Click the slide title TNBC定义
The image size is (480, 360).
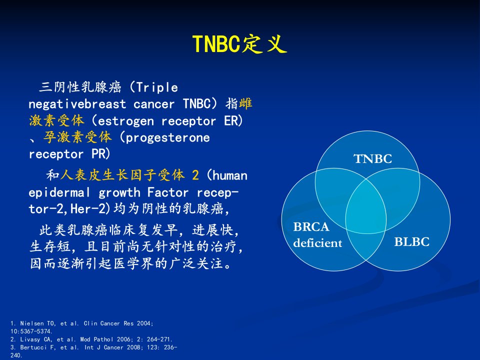click(x=239, y=44)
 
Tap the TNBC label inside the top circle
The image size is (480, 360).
click(x=372, y=159)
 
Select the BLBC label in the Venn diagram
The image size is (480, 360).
click(x=411, y=242)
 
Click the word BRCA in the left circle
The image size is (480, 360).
click(x=311, y=227)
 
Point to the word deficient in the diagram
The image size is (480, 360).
click(x=317, y=243)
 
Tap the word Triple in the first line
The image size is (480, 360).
click(x=157, y=87)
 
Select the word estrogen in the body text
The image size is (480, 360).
click(x=126, y=121)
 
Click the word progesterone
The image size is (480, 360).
click(x=168, y=138)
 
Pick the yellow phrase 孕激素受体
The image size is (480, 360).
click(x=77, y=137)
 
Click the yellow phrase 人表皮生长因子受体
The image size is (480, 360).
click(x=122, y=175)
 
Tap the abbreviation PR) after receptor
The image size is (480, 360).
click(x=100, y=154)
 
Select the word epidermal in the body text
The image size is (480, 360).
click(x=59, y=193)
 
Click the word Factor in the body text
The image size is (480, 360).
click(x=168, y=192)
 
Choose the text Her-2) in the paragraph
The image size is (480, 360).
click(x=90, y=209)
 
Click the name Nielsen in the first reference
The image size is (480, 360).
click(x=30, y=323)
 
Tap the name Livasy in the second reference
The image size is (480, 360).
click(x=29, y=339)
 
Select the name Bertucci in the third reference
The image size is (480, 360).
click(x=32, y=347)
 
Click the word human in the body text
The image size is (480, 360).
click(x=230, y=175)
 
